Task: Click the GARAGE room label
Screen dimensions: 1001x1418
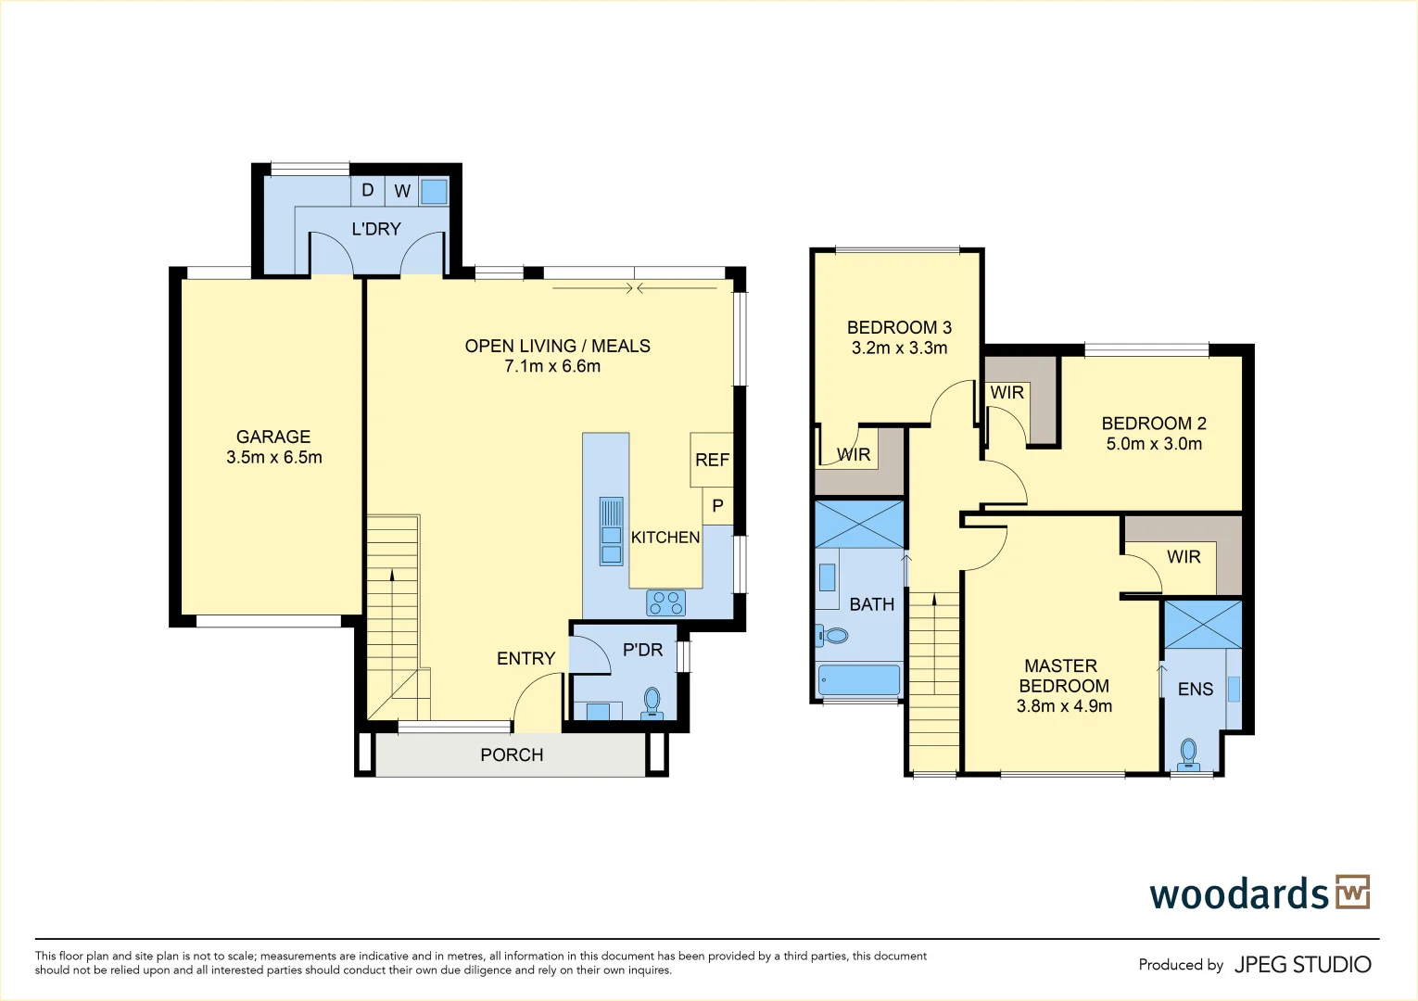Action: click(x=273, y=437)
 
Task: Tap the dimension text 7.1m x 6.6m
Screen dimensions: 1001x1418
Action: click(x=552, y=366)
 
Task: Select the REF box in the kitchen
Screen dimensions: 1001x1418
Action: click(x=712, y=460)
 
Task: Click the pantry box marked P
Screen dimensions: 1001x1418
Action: click(x=717, y=506)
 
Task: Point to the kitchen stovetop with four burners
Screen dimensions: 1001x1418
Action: click(x=665, y=603)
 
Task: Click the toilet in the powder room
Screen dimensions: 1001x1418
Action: click(x=652, y=703)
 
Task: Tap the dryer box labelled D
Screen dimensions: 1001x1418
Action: click(x=368, y=191)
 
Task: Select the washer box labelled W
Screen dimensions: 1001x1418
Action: click(x=402, y=191)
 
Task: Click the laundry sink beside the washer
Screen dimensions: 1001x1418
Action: click(x=434, y=192)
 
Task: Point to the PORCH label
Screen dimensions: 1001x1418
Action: click(x=512, y=754)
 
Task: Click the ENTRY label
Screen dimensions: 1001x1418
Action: click(x=525, y=658)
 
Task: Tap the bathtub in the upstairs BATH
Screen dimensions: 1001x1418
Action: click(x=859, y=680)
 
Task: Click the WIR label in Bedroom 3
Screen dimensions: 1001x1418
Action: click(x=854, y=454)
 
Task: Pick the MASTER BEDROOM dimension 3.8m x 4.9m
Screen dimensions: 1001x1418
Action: click(x=1064, y=706)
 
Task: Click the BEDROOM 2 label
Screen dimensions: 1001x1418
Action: click(x=1154, y=424)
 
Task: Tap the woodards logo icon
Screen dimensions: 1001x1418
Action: click(x=1352, y=892)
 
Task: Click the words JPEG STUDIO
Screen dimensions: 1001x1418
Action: click(x=1302, y=965)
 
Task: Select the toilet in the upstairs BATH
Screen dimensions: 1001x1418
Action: click(x=832, y=636)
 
